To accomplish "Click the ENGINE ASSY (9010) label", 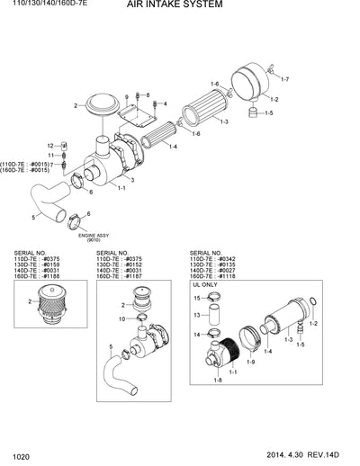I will click(x=93, y=237).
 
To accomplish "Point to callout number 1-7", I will click(x=282, y=80).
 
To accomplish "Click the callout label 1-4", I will click(x=172, y=147).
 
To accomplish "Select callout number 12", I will click(x=50, y=144).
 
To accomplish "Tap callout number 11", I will click(x=50, y=155).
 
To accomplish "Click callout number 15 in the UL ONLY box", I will click(x=197, y=297).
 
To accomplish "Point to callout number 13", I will click(x=197, y=316).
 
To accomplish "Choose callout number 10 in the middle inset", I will click(x=122, y=318).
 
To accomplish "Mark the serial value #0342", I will click(x=232, y=259).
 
